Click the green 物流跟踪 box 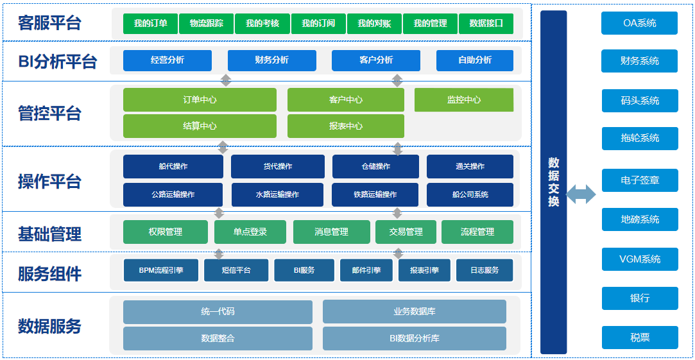tap(206, 24)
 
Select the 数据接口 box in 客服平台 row tap(486, 24)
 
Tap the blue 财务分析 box tap(271, 60)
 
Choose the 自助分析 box tap(474, 60)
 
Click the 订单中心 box tap(200, 100)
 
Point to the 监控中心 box tap(463, 100)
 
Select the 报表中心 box tap(345, 126)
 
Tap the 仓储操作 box tap(375, 166)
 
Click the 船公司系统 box tap(470, 194)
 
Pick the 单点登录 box tap(250, 232)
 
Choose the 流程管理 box tap(477, 232)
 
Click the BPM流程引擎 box tap(161, 270)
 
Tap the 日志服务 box tap(486, 270)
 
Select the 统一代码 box tap(218, 312)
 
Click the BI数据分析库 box tap(414, 338)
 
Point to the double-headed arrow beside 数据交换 tap(581, 194)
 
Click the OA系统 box tap(639, 23)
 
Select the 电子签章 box tap(639, 180)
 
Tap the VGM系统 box tap(639, 259)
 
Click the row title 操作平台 tap(49, 182)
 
